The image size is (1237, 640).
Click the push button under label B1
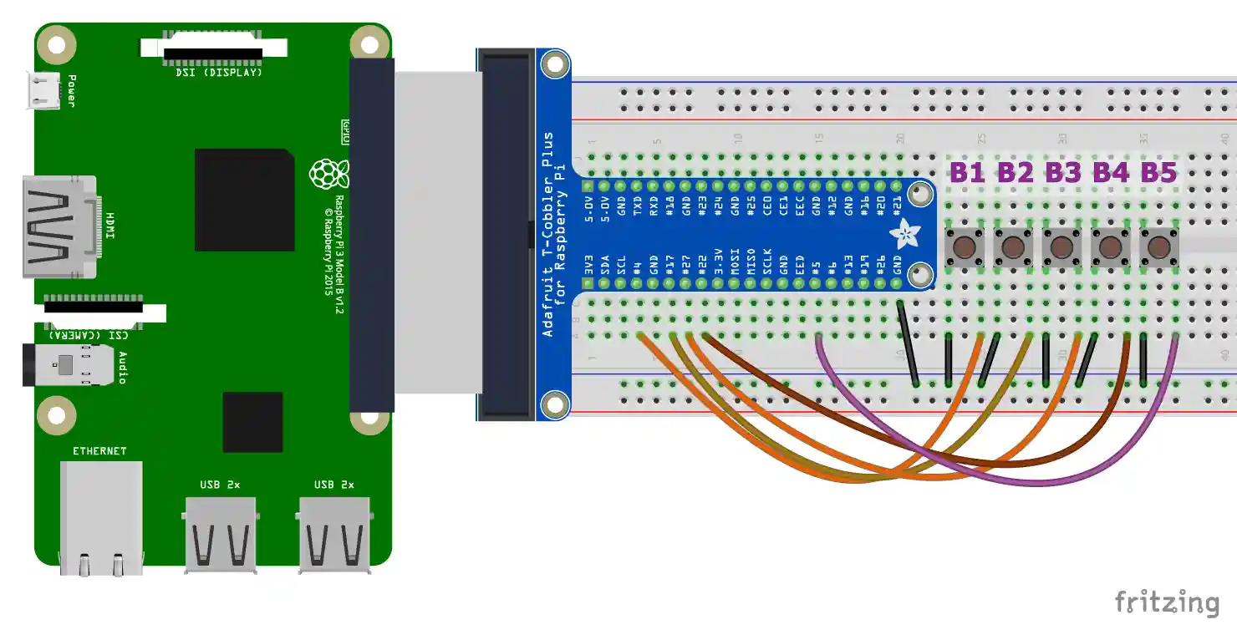tap(965, 246)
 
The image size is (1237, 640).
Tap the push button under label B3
tap(1061, 246)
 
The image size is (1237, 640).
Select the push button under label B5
tap(1158, 246)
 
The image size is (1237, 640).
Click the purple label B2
tap(1015, 173)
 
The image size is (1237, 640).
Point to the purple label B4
tap(1111, 173)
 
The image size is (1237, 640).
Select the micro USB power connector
tap(43, 90)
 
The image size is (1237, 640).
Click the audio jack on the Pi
tap(67, 365)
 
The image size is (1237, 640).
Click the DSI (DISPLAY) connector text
tap(219, 73)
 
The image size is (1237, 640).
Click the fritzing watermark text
tap(1167, 602)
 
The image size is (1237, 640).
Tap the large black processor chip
tap(244, 200)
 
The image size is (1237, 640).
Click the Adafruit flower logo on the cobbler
tap(904, 235)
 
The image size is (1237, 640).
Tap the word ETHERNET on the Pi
tap(99, 451)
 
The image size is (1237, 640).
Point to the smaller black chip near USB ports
tap(252, 422)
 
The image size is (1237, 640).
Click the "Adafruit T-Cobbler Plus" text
tap(548, 234)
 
